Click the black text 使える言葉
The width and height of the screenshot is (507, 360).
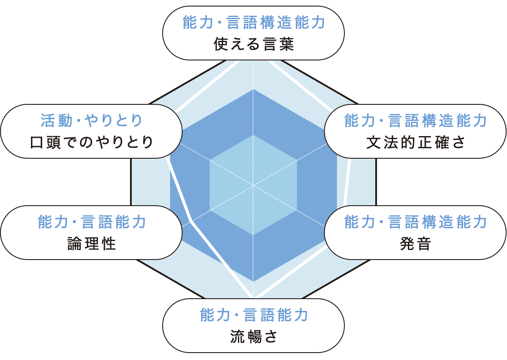(x=254, y=44)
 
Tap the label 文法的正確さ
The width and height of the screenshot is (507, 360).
(x=416, y=143)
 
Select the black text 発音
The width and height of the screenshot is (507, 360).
(x=415, y=244)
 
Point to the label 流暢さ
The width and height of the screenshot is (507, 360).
(x=254, y=337)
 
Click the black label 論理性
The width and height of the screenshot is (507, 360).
(x=92, y=244)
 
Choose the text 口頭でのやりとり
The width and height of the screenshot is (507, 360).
(x=92, y=143)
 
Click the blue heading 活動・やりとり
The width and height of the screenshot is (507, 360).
(x=92, y=120)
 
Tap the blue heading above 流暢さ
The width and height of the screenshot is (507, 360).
(x=254, y=315)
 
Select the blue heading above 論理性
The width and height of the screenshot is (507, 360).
(x=92, y=222)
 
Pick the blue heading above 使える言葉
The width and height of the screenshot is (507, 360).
(x=254, y=23)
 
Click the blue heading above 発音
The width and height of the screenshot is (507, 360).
(x=416, y=222)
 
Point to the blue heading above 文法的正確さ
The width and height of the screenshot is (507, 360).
(x=416, y=121)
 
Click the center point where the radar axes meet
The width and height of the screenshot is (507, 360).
(x=253, y=186)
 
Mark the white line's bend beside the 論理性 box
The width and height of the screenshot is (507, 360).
(x=191, y=222)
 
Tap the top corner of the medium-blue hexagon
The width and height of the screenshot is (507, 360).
(x=253, y=90)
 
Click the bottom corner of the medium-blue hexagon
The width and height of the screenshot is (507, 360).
(x=253, y=282)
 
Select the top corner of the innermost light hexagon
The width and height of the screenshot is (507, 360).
(x=253, y=135)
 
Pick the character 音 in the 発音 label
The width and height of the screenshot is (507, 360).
(x=423, y=244)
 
